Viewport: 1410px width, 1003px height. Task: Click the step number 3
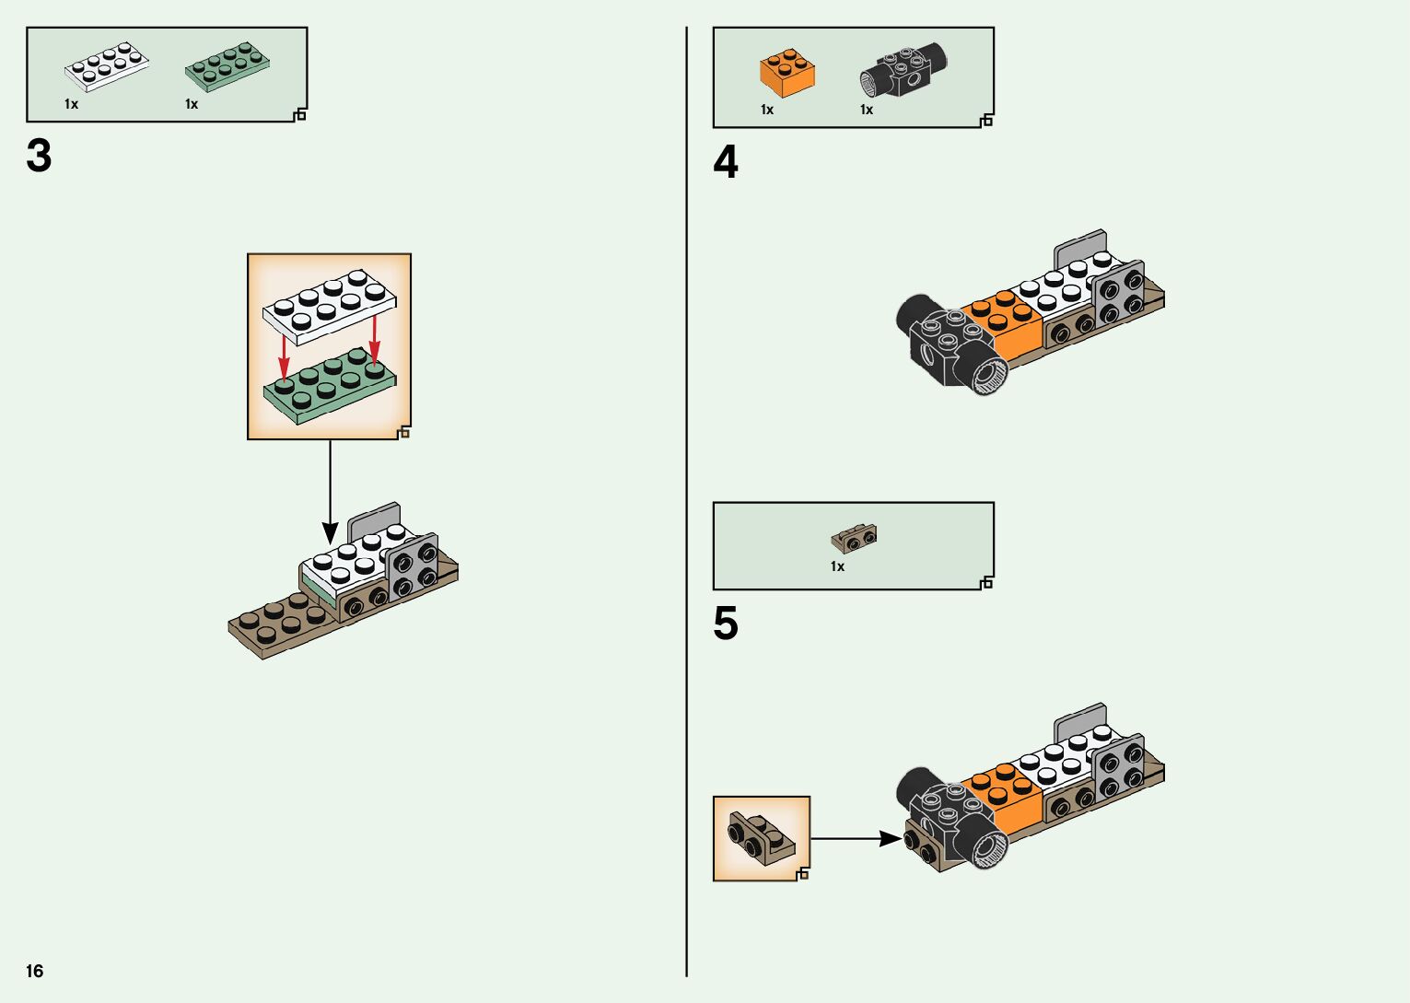(39, 157)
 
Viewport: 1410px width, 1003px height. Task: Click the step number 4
(726, 163)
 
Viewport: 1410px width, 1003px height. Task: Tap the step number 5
(726, 624)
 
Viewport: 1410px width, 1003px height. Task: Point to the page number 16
(35, 971)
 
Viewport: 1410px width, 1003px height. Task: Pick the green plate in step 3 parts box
(227, 66)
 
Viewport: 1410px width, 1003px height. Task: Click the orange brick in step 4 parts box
(787, 73)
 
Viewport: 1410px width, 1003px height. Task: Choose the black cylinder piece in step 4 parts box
(903, 70)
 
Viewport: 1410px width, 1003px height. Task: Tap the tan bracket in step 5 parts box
(854, 538)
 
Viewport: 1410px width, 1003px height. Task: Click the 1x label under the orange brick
(767, 110)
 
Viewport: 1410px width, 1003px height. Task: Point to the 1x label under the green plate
(192, 104)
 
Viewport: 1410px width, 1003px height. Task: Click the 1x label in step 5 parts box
(837, 566)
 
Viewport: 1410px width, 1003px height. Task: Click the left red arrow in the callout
(285, 354)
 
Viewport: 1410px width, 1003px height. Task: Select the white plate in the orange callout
(329, 302)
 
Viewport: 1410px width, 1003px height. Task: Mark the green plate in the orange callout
(329, 390)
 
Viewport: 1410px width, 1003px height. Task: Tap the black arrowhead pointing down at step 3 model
(330, 531)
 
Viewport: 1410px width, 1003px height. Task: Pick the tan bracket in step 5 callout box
(760, 835)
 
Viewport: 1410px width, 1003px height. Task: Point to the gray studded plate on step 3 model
(413, 566)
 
